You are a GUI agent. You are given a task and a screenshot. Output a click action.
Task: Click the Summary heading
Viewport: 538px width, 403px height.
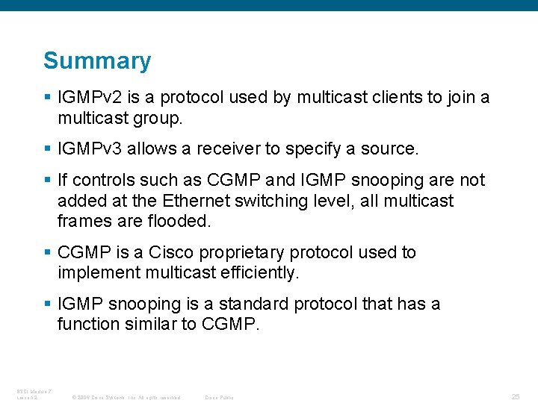(x=97, y=61)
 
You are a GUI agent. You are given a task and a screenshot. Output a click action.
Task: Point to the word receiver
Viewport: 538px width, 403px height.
(x=228, y=149)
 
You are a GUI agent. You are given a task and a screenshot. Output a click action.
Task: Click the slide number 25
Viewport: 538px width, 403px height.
(x=516, y=396)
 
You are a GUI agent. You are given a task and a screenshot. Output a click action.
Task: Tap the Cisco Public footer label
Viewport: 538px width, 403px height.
(x=219, y=397)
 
